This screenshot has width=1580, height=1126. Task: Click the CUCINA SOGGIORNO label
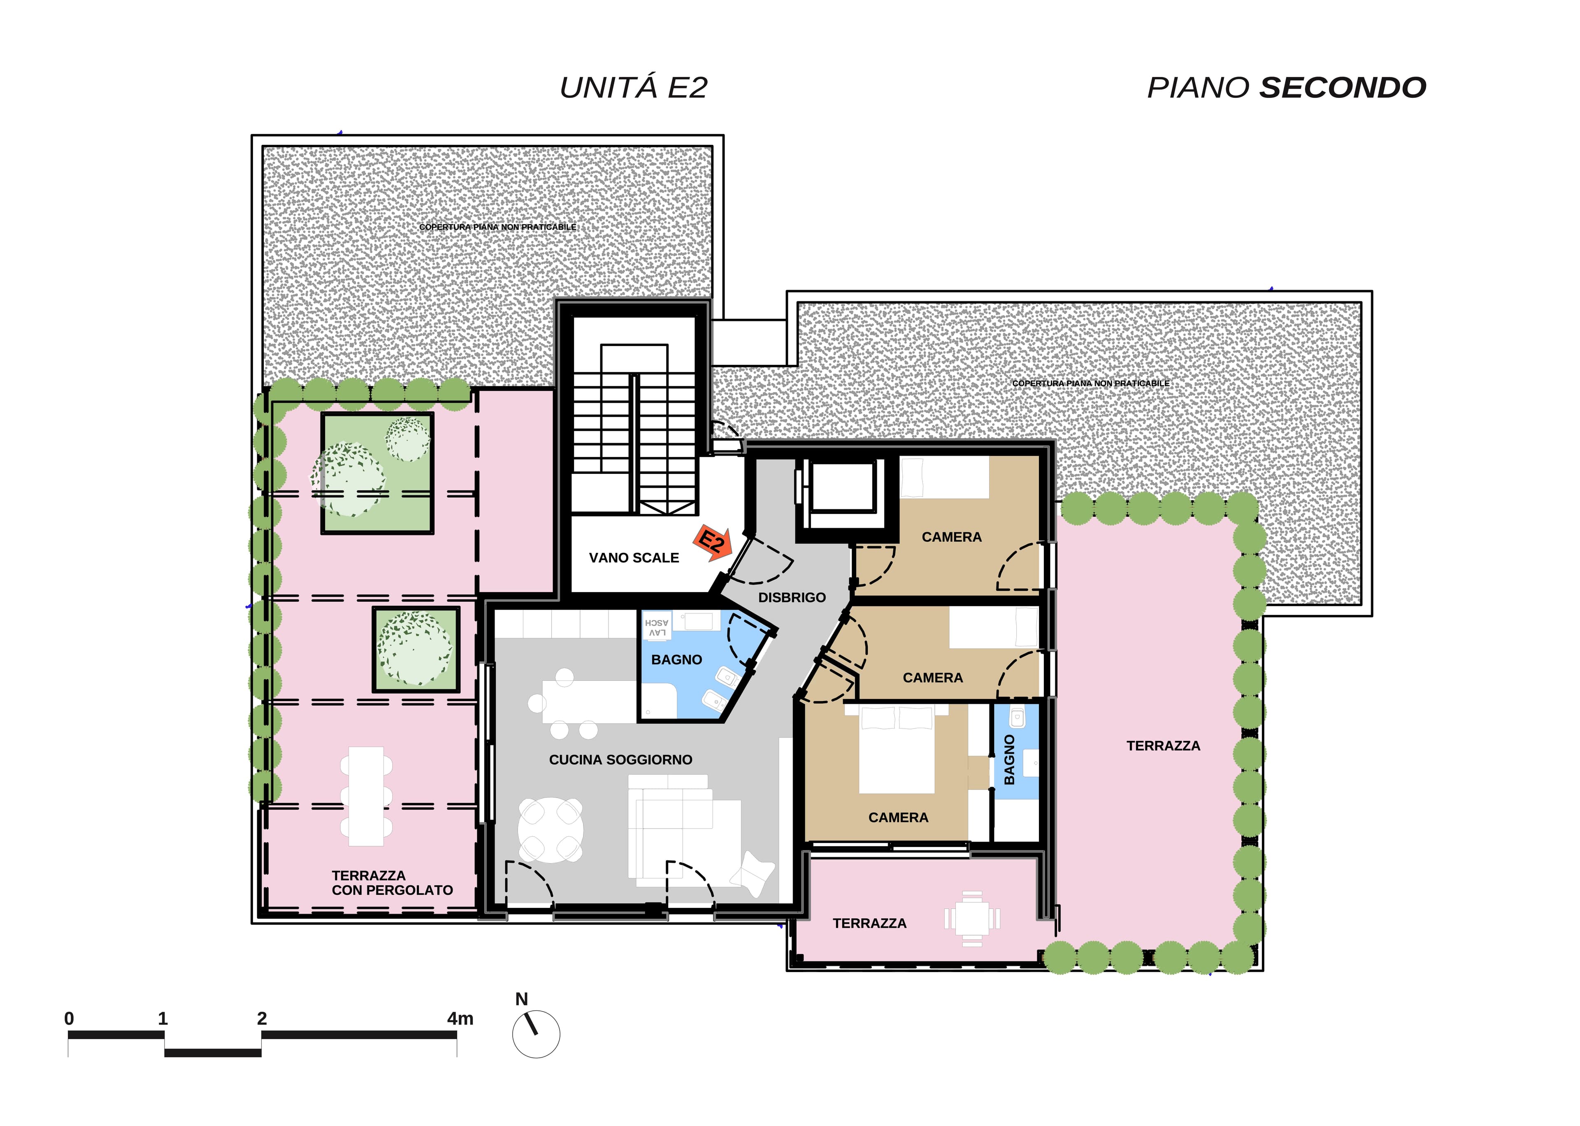pyautogui.click(x=620, y=760)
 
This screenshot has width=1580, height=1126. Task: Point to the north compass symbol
pyautogui.click(x=536, y=1033)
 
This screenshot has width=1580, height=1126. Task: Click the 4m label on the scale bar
pyautogui.click(x=460, y=1019)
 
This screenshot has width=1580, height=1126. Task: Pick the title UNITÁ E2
pyautogui.click(x=633, y=87)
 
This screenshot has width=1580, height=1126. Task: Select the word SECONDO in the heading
pyautogui.click(x=1342, y=87)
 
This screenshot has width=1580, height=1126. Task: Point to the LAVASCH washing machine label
pyautogui.click(x=657, y=627)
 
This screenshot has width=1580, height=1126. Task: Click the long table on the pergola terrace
pyautogui.click(x=366, y=796)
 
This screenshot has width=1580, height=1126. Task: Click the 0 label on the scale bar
pyautogui.click(x=69, y=1019)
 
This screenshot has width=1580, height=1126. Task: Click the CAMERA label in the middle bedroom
pyautogui.click(x=932, y=678)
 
